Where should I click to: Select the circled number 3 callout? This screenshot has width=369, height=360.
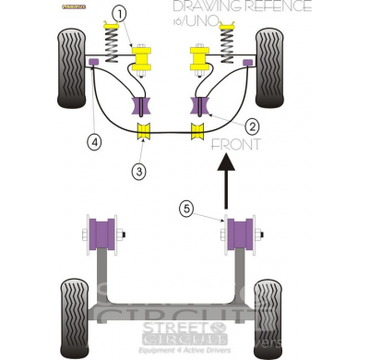137,172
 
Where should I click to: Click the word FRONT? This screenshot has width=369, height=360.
236,145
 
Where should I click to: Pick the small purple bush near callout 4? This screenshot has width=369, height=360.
94,62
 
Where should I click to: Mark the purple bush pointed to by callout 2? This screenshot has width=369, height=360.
196,108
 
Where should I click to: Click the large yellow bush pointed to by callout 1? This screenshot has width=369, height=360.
143,61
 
